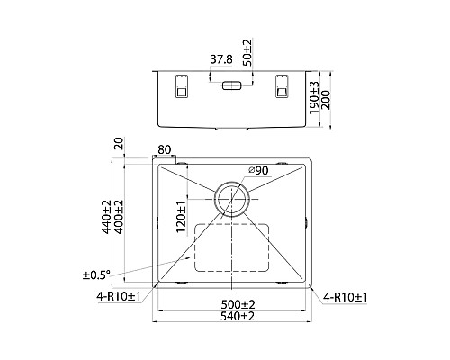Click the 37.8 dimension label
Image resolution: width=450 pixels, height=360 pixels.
221,59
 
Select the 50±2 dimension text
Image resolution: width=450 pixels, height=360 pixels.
248,52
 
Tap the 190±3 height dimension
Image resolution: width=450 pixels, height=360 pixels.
315,98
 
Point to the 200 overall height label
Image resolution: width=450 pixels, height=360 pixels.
326,100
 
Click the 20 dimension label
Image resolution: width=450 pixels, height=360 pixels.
119,143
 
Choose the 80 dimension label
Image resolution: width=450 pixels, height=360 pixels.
165,149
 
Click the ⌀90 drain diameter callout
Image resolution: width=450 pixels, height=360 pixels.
258,171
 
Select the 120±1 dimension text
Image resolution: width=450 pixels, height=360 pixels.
181,217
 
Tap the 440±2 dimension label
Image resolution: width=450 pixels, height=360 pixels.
106,217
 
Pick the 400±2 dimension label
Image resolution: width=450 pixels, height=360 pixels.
119,217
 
